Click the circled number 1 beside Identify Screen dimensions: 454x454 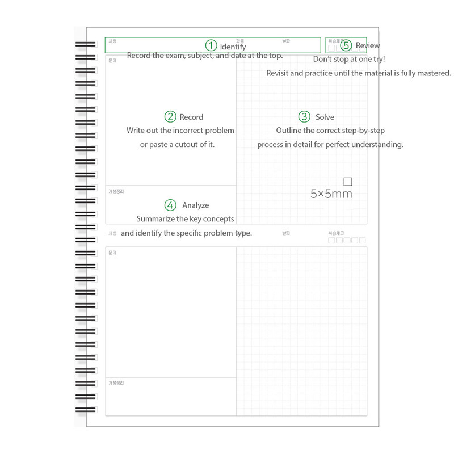[x=211, y=45]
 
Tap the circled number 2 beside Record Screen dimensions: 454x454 [x=170, y=117]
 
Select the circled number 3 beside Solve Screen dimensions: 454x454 [x=305, y=117]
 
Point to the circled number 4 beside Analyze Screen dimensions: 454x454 [x=170, y=205]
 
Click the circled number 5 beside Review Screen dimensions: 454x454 [x=346, y=45]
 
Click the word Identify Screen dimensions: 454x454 [x=233, y=47]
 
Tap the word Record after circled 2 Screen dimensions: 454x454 [x=191, y=117]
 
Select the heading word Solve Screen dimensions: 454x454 [x=325, y=117]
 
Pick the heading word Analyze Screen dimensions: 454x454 [x=195, y=205]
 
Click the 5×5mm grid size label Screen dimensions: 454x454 [x=331, y=194]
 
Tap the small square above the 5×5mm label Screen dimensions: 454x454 [x=348, y=182]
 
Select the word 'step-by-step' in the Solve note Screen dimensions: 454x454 [x=363, y=131]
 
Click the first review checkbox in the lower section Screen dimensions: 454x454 [x=331, y=240]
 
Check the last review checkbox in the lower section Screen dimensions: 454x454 [x=362, y=240]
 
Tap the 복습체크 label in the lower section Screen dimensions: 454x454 [x=336, y=233]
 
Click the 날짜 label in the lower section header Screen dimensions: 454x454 [x=286, y=233]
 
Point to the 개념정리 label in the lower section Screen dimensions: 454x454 [x=116, y=383]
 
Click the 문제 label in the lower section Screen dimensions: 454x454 [x=112, y=253]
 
